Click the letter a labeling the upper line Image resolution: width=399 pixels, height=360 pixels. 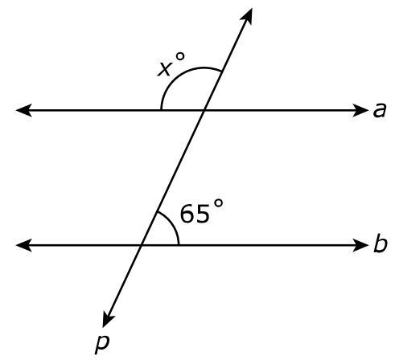[380, 110]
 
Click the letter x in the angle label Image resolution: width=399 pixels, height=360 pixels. [164, 69]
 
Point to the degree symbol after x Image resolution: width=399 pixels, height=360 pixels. [179, 56]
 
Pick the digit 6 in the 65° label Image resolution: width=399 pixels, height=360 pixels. [187, 214]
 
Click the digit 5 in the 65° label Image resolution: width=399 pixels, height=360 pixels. [202, 214]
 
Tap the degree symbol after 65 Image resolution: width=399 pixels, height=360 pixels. [218, 203]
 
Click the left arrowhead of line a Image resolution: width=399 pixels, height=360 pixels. [23, 110]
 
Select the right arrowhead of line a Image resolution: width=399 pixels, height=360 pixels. [360, 110]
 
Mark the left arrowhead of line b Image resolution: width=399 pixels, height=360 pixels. [23, 245]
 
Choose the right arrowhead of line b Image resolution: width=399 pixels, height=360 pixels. [360, 245]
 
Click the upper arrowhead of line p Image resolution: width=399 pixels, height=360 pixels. [246, 17]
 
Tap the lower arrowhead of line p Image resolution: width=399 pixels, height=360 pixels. [108, 319]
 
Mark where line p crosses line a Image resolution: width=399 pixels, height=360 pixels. [204, 110]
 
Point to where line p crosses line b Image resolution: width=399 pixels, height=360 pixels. [142, 245]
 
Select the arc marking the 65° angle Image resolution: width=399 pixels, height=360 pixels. [172, 223]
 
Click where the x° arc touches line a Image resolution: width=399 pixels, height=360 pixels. [161, 110]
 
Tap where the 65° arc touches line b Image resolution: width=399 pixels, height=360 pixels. [179, 245]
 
